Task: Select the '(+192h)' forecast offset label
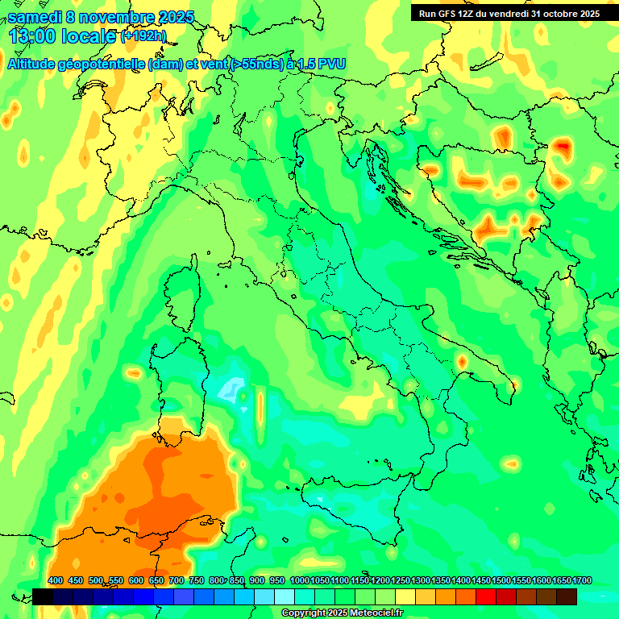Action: coord(143,36)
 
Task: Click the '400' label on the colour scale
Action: coord(56,581)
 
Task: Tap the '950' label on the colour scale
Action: coord(277,581)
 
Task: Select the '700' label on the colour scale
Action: coord(176,581)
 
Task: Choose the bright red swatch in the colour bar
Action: coord(486,596)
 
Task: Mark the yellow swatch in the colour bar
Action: coord(405,596)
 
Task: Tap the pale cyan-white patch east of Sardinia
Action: coord(233,388)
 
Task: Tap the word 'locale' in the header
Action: coord(92,36)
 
